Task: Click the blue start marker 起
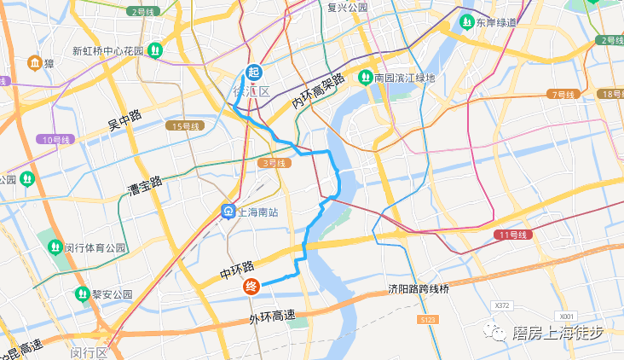click(253, 73)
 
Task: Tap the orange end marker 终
click(251, 287)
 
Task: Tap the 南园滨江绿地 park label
click(404, 78)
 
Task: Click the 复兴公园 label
click(347, 7)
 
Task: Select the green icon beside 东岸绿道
click(467, 21)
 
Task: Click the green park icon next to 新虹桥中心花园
click(154, 50)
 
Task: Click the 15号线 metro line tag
click(184, 126)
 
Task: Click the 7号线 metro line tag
click(564, 94)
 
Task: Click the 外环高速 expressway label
click(271, 317)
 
